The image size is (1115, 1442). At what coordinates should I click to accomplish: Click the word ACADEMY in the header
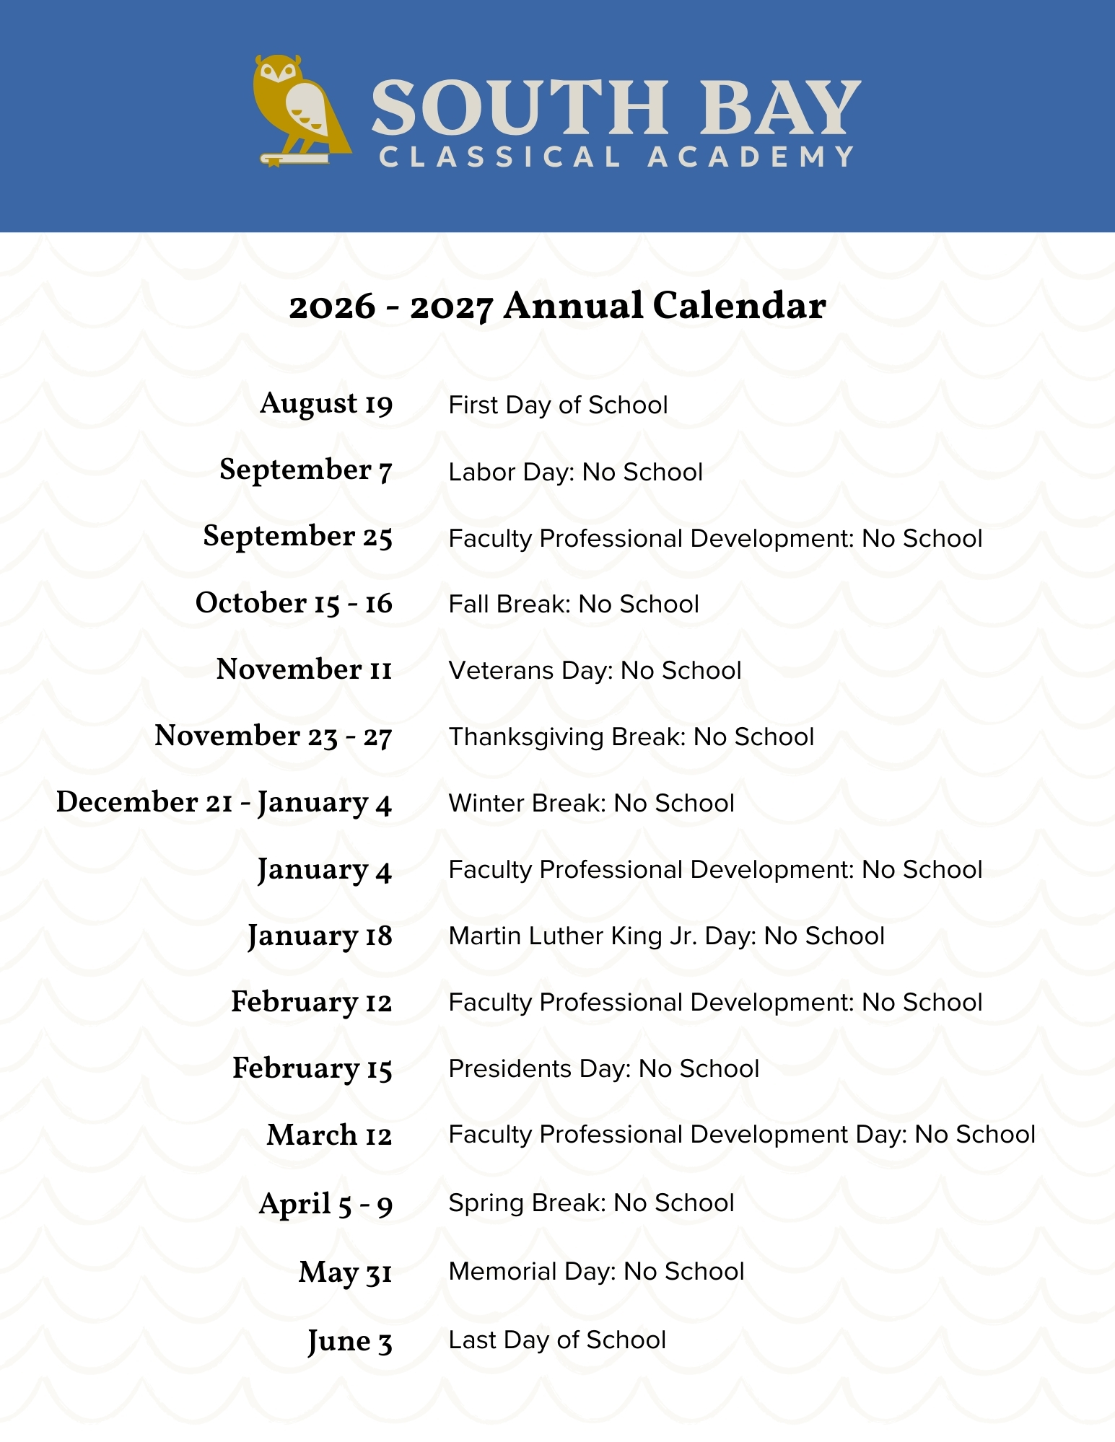(x=751, y=157)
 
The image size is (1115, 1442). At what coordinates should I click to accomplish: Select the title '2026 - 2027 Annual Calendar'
(x=557, y=306)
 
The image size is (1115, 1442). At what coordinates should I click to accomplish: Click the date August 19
(x=326, y=404)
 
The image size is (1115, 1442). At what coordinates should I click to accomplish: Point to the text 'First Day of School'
(x=558, y=405)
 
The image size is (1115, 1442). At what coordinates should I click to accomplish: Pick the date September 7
(x=306, y=470)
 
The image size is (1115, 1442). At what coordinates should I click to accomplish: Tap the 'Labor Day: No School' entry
(x=575, y=472)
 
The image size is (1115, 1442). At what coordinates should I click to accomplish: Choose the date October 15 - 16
(x=294, y=603)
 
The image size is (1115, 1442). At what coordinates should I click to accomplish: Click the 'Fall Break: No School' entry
(x=574, y=605)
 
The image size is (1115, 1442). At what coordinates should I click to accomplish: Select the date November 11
(x=304, y=669)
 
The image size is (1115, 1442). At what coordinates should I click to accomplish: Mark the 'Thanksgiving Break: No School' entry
(x=631, y=737)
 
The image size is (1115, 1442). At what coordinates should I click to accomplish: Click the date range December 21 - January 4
(x=224, y=803)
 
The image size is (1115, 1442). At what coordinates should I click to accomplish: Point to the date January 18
(x=320, y=936)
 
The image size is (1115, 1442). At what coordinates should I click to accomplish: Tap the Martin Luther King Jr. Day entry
(x=666, y=936)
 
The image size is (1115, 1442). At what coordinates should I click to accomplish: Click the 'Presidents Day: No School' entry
(x=603, y=1069)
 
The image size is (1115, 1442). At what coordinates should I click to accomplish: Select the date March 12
(x=329, y=1135)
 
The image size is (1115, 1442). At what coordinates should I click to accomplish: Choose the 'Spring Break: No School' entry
(x=591, y=1203)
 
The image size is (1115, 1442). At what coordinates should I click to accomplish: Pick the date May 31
(x=345, y=1272)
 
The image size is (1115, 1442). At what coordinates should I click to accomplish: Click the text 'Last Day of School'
(x=557, y=1340)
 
